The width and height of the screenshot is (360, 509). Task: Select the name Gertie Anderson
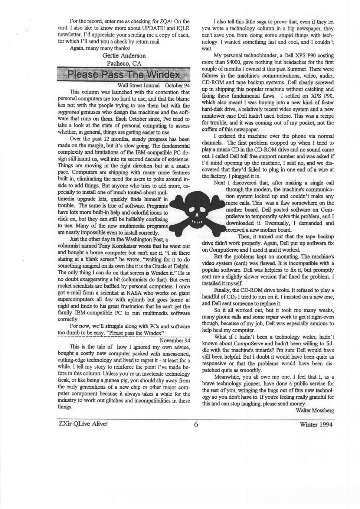click(124, 56)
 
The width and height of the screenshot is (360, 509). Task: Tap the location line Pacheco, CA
click(124, 63)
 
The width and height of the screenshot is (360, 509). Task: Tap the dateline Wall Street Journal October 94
click(153, 85)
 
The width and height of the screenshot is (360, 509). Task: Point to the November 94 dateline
click(175, 340)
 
